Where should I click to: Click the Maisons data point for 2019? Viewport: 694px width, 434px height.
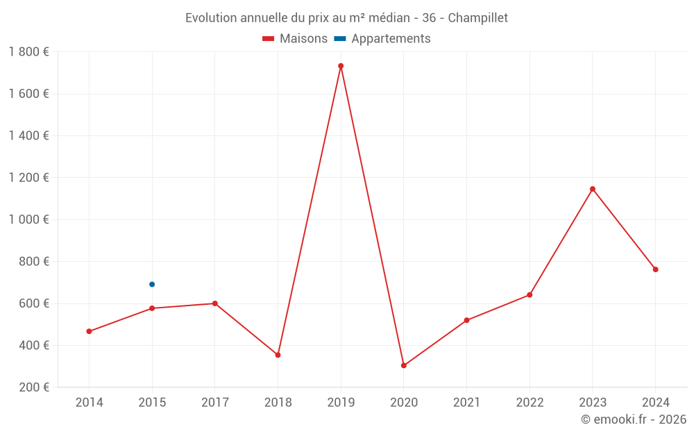(x=341, y=66)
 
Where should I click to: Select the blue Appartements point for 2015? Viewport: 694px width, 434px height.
(x=152, y=284)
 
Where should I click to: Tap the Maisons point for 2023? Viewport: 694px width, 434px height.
(x=593, y=189)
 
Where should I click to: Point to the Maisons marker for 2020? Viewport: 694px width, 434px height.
(x=404, y=365)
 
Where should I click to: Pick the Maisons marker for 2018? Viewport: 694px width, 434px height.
(x=278, y=355)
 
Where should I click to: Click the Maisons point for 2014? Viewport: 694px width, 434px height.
(x=89, y=331)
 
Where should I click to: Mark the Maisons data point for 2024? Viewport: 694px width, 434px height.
(x=655, y=269)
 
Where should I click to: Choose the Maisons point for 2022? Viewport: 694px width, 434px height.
(x=530, y=295)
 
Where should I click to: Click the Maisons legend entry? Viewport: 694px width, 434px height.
(x=295, y=39)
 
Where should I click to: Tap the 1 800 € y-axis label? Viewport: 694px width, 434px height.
(x=28, y=52)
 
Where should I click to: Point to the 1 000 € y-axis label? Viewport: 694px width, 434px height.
(x=28, y=219)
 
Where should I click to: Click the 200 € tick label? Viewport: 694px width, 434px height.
(x=33, y=387)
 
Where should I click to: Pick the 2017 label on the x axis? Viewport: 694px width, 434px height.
(x=214, y=402)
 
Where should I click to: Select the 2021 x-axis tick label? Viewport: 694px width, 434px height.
(x=466, y=402)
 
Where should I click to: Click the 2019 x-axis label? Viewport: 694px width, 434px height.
(x=341, y=402)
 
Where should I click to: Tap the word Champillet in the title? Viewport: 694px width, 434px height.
(x=478, y=17)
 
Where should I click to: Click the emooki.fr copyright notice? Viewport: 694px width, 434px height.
(x=633, y=419)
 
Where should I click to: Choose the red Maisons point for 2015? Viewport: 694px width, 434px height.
(x=152, y=308)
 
